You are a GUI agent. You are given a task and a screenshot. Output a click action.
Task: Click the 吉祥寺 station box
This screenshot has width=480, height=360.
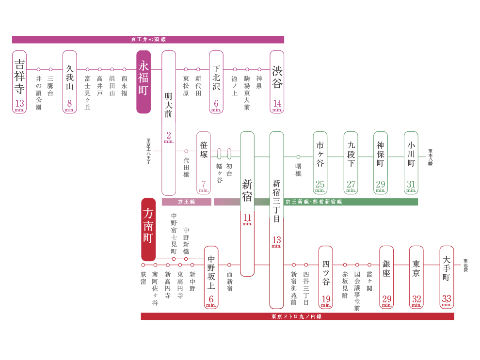[19, 82]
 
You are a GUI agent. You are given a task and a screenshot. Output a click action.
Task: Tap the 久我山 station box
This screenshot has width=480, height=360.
[70, 82]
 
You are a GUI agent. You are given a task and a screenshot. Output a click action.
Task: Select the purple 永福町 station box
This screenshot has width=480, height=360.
[144, 82]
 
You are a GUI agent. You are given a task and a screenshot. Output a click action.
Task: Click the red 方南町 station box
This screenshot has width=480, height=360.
[148, 229]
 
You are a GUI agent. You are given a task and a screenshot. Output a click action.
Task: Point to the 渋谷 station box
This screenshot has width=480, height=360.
[277, 82]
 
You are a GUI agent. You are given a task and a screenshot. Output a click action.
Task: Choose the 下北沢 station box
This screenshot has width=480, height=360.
[216, 82]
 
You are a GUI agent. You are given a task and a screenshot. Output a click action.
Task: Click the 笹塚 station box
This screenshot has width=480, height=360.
[204, 162]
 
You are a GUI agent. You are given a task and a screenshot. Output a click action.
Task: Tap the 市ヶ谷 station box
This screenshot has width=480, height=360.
[320, 162]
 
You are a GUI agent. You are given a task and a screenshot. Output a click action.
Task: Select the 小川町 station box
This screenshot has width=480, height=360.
[411, 162]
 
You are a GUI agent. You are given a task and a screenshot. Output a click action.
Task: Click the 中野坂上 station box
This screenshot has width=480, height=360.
[211, 277]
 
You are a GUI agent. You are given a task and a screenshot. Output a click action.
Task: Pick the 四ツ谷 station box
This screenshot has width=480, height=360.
[326, 277]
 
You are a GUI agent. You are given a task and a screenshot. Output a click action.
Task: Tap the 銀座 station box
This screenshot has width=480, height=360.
[386, 277]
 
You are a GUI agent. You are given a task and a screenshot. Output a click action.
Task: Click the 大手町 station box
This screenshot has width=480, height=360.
[447, 277]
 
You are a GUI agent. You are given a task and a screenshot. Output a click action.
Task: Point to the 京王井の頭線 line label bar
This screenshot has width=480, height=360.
[148, 40]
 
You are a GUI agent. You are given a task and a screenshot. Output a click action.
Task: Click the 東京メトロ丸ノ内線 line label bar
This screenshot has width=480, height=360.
[297, 316]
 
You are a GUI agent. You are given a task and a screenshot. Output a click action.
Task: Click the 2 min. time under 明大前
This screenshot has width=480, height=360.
[169, 137]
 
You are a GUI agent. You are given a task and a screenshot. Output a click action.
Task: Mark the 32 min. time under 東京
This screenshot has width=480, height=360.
[416, 300]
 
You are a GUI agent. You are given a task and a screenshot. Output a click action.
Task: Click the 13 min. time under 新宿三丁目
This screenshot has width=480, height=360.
[276, 241]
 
